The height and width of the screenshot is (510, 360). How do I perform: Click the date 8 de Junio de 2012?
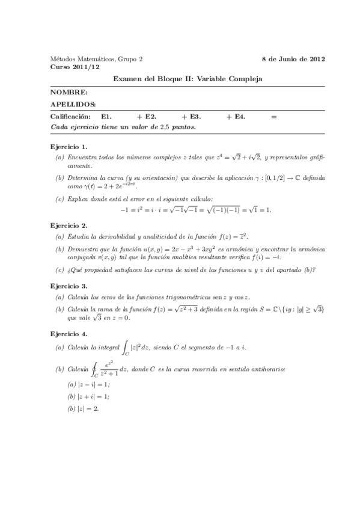[294, 59]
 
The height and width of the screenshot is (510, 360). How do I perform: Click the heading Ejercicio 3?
[69, 286]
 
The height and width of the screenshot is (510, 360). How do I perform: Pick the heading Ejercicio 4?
[69, 332]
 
